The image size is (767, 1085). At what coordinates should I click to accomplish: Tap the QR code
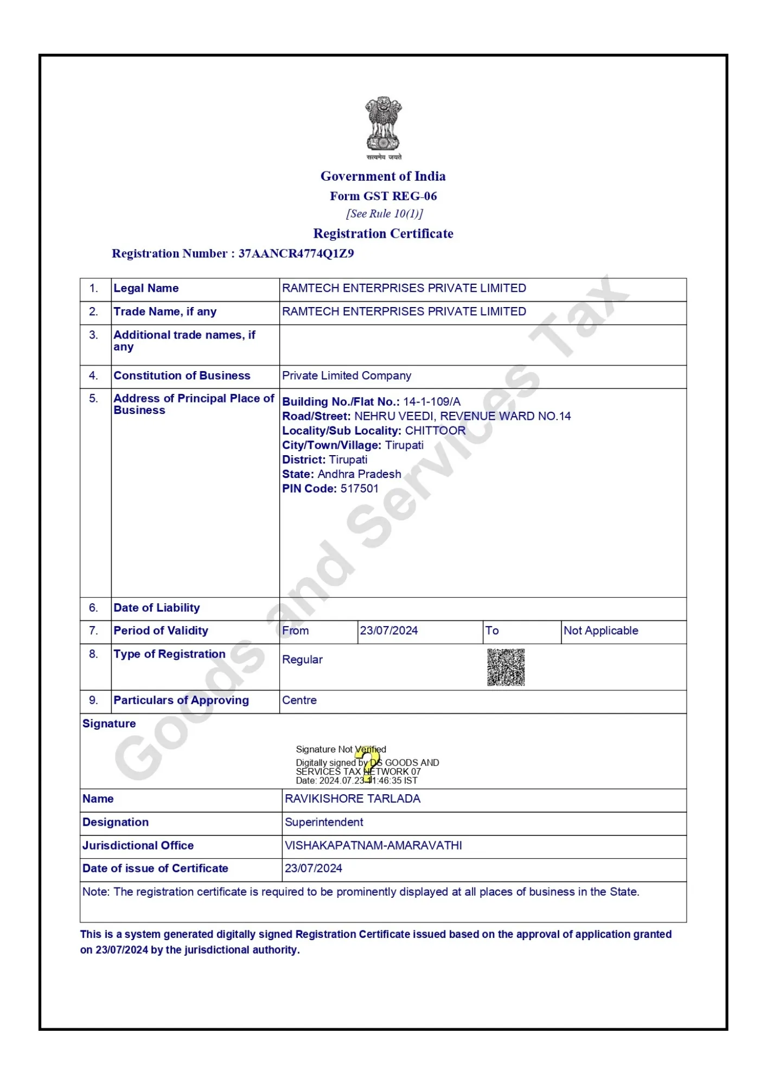(x=506, y=667)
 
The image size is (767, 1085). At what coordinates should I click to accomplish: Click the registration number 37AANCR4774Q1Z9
(x=296, y=253)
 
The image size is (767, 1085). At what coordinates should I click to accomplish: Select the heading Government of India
(x=383, y=176)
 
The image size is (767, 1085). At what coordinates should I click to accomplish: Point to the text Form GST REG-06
(x=383, y=196)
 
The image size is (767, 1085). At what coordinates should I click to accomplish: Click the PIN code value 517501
(x=359, y=488)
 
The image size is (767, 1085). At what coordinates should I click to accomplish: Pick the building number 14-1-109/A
(x=432, y=401)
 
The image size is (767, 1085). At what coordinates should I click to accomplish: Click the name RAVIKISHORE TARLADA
(x=353, y=799)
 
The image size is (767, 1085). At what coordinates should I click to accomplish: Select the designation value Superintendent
(x=324, y=822)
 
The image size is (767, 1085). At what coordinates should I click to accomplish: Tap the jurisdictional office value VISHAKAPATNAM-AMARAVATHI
(x=373, y=845)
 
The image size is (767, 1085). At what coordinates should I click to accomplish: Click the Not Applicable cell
(x=600, y=630)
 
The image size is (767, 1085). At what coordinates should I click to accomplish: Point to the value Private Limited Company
(x=347, y=375)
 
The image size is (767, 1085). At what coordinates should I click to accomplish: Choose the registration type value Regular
(x=302, y=660)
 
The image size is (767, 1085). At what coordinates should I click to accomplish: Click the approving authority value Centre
(x=299, y=700)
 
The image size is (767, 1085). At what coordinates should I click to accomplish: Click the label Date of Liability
(x=156, y=608)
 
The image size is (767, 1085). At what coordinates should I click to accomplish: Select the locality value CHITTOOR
(x=435, y=431)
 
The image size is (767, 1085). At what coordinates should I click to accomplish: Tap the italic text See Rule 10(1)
(x=384, y=214)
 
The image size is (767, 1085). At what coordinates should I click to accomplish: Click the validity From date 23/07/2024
(x=389, y=630)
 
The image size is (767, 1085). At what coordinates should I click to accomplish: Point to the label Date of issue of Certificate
(x=155, y=868)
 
